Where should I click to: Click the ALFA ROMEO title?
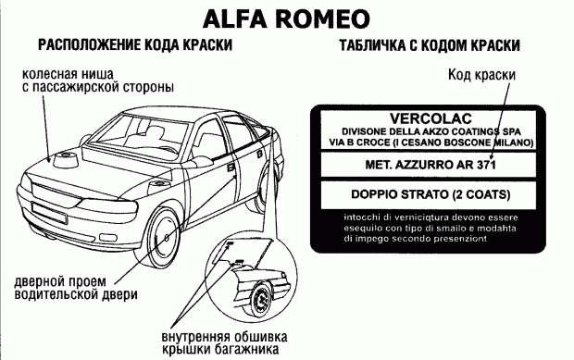point(286,19)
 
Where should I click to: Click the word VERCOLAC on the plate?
point(430,118)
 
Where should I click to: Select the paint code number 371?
point(486,165)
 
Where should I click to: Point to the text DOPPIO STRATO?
point(400,194)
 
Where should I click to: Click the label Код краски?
point(481,75)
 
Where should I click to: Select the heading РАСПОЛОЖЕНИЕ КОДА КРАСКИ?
point(135,45)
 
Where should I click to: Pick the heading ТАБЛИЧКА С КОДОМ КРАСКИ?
point(430,45)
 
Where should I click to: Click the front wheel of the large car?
point(163,237)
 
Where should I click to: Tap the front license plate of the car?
point(49,213)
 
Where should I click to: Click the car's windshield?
point(141,134)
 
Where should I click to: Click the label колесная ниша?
point(69,74)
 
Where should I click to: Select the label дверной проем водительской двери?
point(76,288)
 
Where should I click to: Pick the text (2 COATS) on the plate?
point(481,194)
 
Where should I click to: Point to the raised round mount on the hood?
point(65,161)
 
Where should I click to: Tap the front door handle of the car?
point(231,168)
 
